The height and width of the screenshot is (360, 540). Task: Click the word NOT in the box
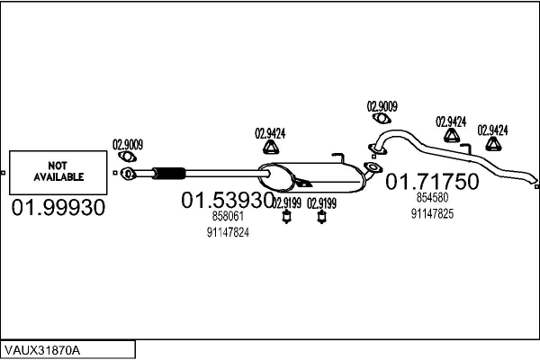58,166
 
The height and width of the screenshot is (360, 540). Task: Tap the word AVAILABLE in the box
58,177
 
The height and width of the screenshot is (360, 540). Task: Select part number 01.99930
58,208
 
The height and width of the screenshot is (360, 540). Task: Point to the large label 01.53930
227,200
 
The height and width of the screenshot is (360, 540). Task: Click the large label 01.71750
432,182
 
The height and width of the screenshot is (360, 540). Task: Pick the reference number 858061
227,217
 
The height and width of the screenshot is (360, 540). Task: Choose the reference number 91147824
227,231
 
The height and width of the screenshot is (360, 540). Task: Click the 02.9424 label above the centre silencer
270,132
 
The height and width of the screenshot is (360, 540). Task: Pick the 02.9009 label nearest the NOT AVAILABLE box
127,143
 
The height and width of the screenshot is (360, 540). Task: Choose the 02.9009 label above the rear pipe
382,104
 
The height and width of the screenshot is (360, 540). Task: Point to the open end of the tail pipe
533,179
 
